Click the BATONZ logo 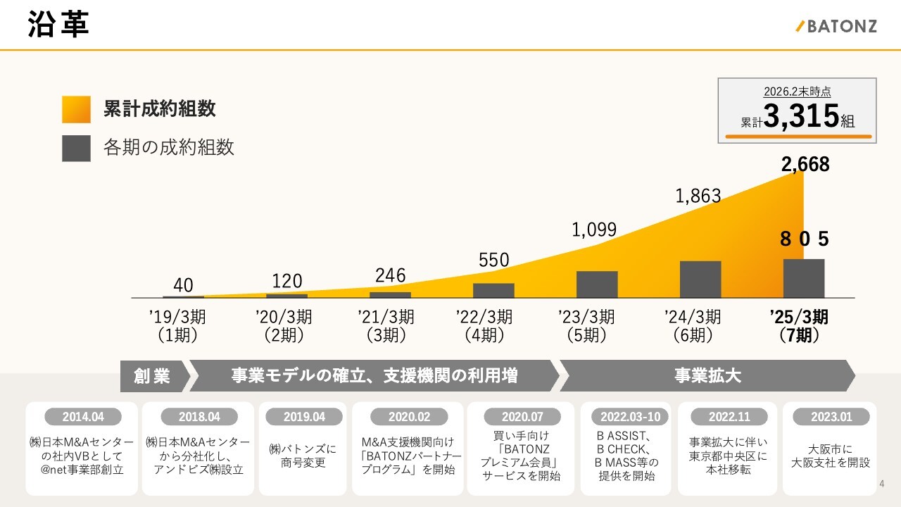coord(836,27)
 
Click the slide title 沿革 coord(58,25)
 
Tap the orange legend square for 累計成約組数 coord(76,109)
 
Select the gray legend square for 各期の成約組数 coord(76,148)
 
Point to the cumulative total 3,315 coord(801,116)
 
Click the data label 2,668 coord(805,165)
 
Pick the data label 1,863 coord(698,196)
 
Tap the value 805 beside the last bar coord(804,239)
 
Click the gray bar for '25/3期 coord(804,278)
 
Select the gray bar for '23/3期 coord(597,284)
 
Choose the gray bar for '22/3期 coord(493,290)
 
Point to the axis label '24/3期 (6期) coord(693,326)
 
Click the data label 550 coord(493,260)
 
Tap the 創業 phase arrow coord(153,376)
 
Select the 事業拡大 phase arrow coord(707,376)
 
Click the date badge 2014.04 coord(83,417)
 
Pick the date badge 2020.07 coord(521,417)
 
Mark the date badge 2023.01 coord(831,417)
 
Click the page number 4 coord(882,484)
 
